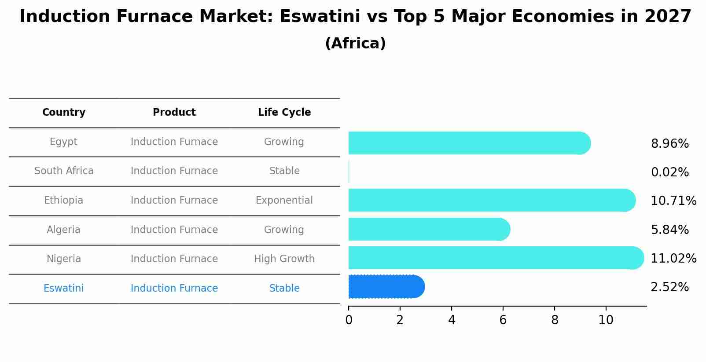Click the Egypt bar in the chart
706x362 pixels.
click(469, 143)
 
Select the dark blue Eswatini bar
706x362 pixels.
click(386, 287)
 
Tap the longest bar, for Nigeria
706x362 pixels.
click(496, 258)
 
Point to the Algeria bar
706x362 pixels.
click(429, 229)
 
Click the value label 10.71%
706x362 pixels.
click(673, 201)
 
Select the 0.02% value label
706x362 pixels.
click(669, 172)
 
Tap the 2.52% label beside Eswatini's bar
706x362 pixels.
click(669, 287)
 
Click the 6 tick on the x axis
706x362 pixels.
click(503, 320)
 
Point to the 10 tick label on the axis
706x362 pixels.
click(606, 320)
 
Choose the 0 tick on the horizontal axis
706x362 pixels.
click(349, 320)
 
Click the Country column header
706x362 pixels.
click(64, 113)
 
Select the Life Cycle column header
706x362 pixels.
click(284, 113)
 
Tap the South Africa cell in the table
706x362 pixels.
click(64, 171)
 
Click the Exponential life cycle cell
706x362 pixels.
click(284, 201)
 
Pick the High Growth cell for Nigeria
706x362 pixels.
click(284, 259)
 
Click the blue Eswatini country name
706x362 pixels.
click(63, 289)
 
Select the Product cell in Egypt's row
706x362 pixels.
click(174, 142)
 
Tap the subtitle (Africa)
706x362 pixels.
click(355, 44)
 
